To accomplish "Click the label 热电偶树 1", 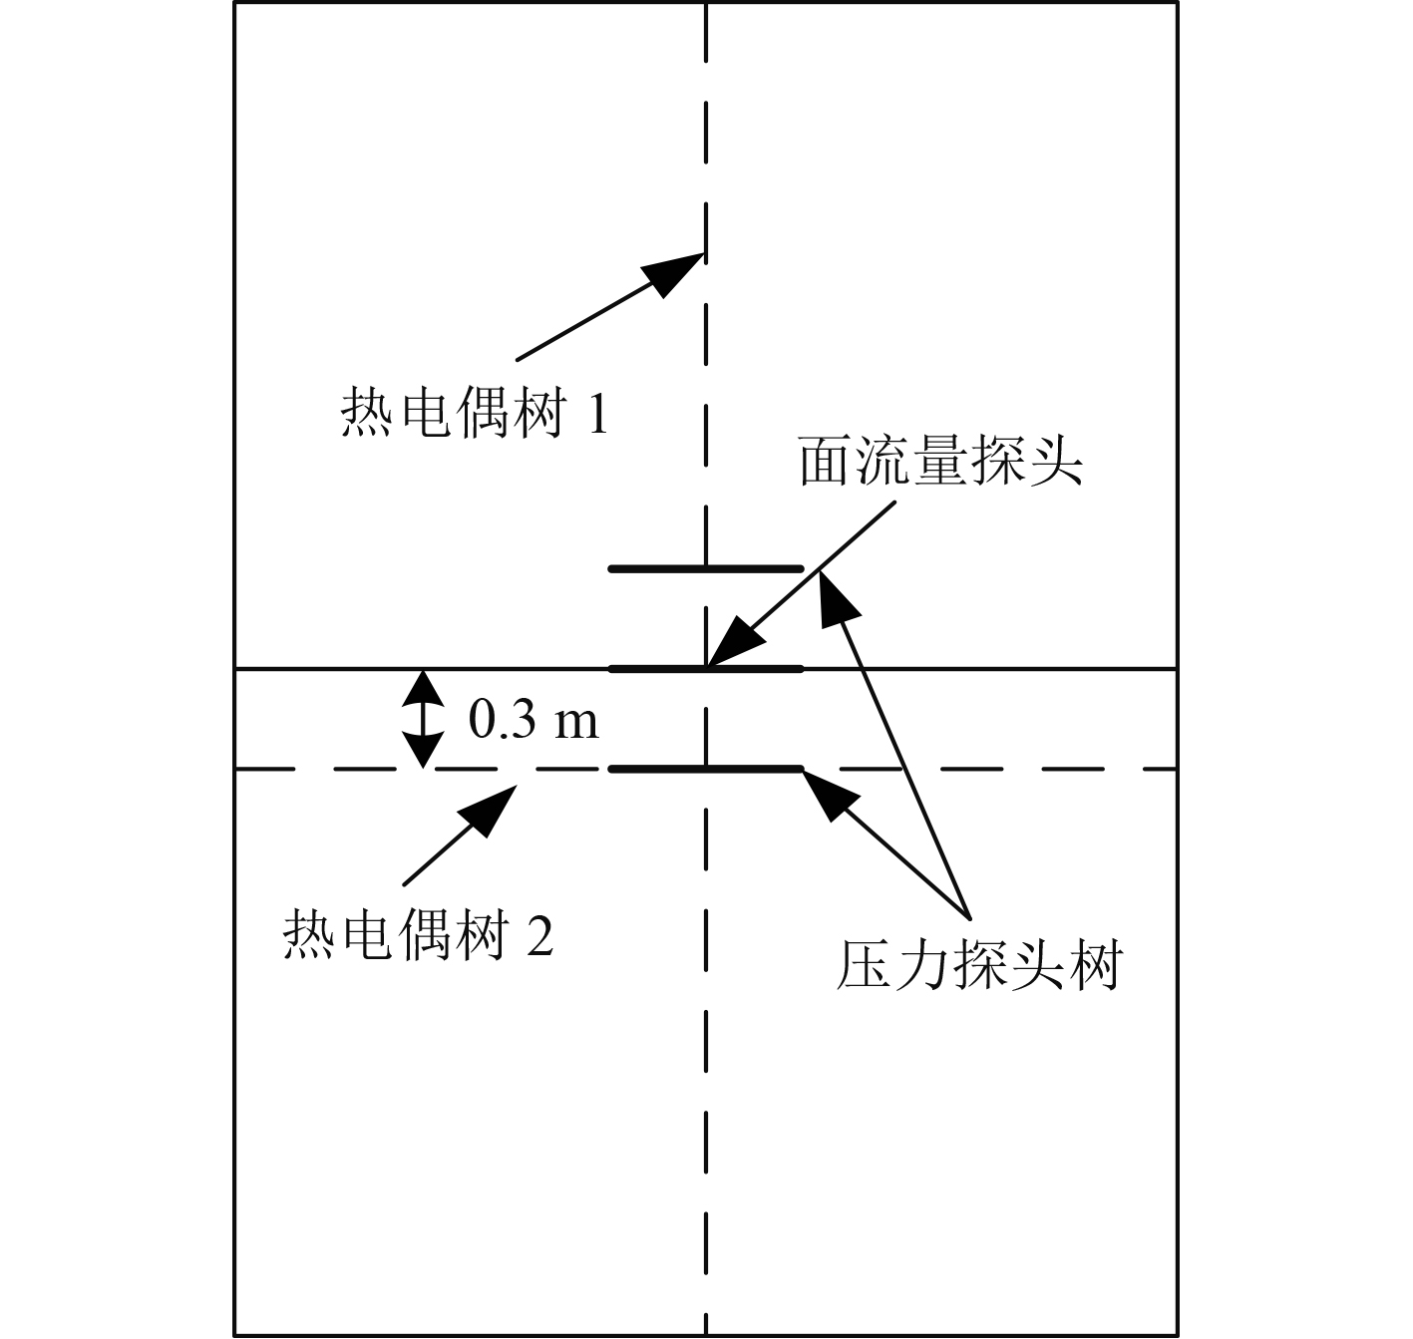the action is (x=474, y=413).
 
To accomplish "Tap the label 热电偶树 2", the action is (x=418, y=935).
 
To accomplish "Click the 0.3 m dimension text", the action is (x=533, y=719).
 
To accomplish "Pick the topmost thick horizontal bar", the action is (x=706, y=568).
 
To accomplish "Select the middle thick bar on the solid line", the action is (x=706, y=668).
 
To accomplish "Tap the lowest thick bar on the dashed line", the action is (x=706, y=769).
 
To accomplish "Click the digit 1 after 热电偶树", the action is (x=595, y=415).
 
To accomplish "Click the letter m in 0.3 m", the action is (x=576, y=721).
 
